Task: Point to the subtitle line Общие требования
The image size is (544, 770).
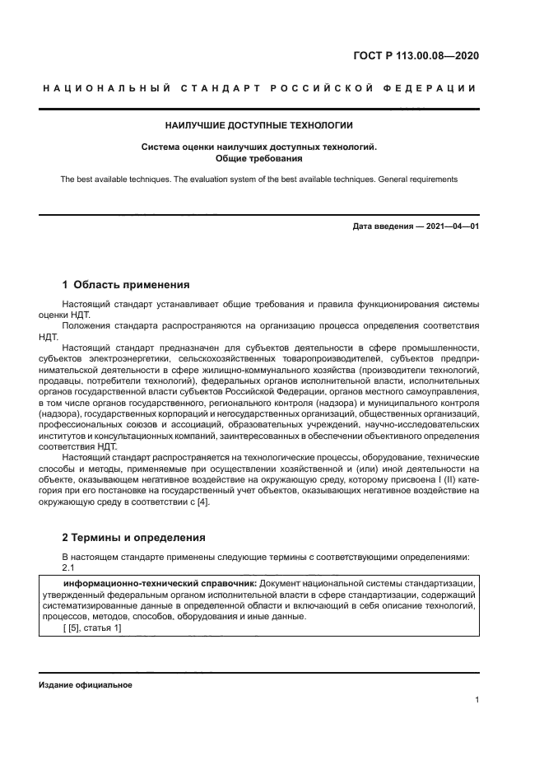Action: [258, 157]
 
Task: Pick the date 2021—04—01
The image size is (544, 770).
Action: [451, 226]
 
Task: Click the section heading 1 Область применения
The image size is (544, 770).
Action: [126, 285]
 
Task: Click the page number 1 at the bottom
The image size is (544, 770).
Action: [477, 700]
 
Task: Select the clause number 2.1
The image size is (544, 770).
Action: [69, 568]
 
